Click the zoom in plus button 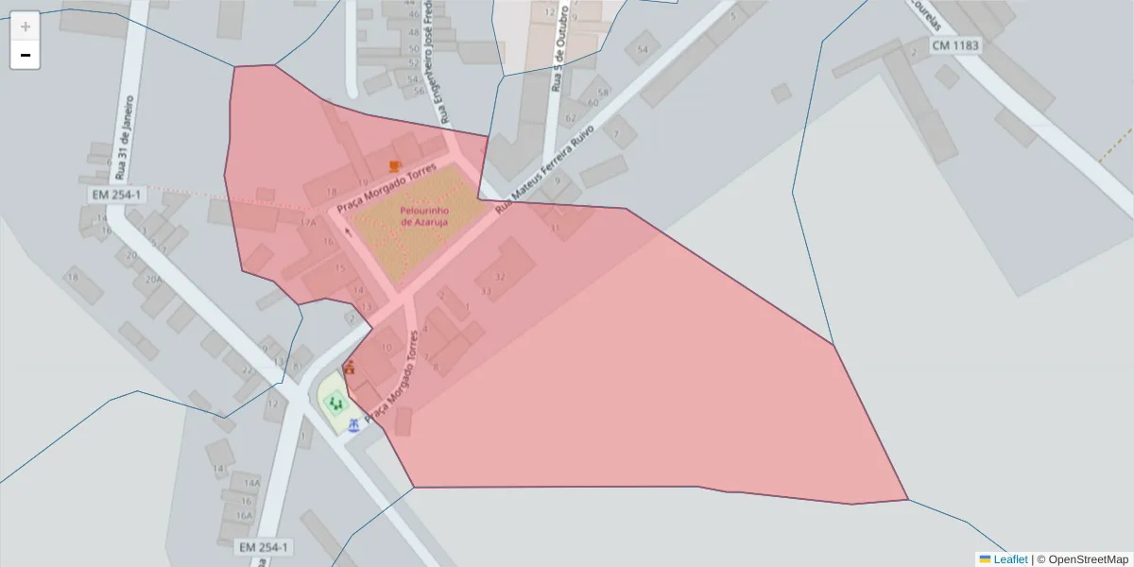coord(25,26)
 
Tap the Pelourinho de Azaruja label coord(423,215)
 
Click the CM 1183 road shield coord(955,45)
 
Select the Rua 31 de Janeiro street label coord(124,137)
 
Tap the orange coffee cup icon coord(395,166)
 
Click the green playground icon coord(334,404)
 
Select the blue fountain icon coord(353,425)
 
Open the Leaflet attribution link coord(1009,559)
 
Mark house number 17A coord(308,222)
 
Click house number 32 coord(500,277)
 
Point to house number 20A coord(153,279)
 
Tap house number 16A coord(245,515)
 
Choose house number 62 coord(570,118)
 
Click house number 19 coord(363,181)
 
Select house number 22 coord(248,369)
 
